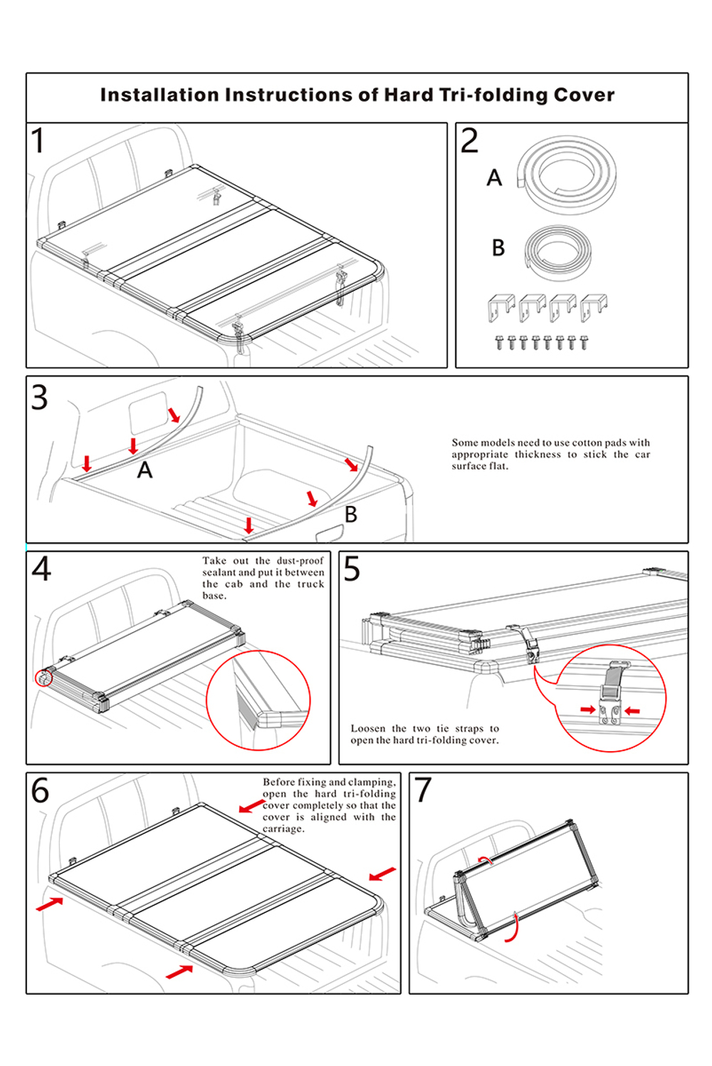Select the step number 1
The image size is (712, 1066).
tap(38, 140)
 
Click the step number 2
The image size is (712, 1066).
tap(469, 140)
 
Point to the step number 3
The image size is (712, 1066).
tap(40, 397)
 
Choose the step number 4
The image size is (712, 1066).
tap(41, 569)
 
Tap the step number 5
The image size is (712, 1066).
tap(352, 569)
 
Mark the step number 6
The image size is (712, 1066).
tap(41, 790)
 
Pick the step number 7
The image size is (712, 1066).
tap(423, 790)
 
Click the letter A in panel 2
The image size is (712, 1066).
tap(494, 178)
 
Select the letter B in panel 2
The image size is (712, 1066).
tap(498, 248)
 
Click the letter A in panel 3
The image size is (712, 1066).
tap(145, 470)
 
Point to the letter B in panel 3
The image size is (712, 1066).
tap(351, 514)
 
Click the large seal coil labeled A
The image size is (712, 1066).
tap(567, 175)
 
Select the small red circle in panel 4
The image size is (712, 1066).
tap(44, 677)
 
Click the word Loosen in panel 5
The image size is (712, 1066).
tap(368, 728)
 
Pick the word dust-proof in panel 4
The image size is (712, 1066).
tap(300, 561)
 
